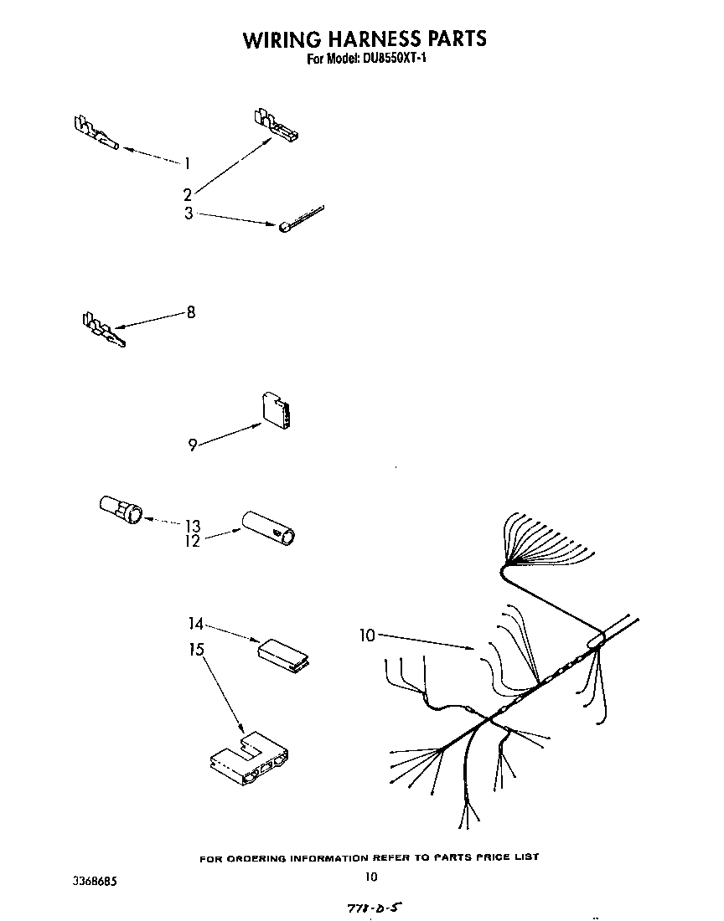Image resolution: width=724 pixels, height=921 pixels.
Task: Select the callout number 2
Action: click(x=188, y=194)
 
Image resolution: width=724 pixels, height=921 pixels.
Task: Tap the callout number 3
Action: click(x=189, y=214)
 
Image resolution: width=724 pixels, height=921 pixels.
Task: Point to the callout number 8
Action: click(x=191, y=312)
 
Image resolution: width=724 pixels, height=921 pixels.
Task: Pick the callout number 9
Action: click(x=193, y=445)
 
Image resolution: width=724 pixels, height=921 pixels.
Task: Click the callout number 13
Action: click(x=193, y=526)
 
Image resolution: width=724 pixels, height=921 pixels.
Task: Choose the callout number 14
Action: click(x=194, y=623)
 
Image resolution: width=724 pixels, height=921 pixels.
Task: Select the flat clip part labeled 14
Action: click(x=282, y=653)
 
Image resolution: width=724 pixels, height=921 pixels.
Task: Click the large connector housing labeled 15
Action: click(x=249, y=760)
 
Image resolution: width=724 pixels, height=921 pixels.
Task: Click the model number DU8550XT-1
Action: click(x=390, y=60)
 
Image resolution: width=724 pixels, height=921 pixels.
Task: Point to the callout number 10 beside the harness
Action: click(x=367, y=636)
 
